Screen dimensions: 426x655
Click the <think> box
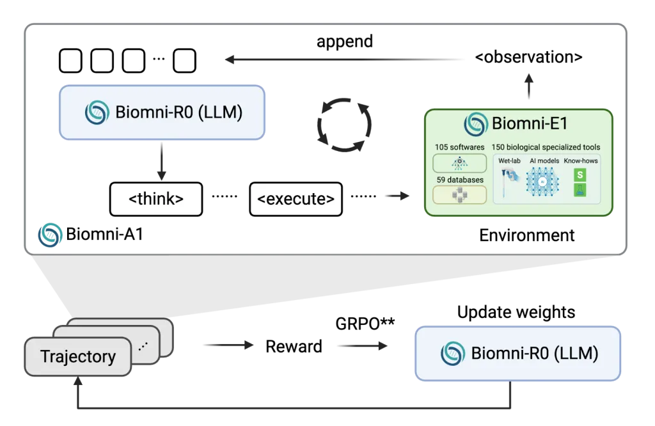156,199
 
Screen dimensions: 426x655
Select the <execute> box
296,199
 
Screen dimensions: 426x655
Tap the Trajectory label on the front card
78,356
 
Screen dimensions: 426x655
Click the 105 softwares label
459,148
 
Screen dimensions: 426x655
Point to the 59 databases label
459,180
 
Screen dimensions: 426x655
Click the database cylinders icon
459,195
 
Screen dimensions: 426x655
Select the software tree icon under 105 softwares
459,163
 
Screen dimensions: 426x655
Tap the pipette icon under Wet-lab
510,182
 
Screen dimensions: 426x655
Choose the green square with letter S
580,174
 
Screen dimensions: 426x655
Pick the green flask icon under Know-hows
580,190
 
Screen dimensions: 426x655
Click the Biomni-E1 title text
529,123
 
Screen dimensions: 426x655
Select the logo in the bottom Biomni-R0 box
453,354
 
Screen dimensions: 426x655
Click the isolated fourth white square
184,61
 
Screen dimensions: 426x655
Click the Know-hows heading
581,161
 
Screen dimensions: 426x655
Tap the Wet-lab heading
510,161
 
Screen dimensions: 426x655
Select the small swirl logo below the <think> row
50,234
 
